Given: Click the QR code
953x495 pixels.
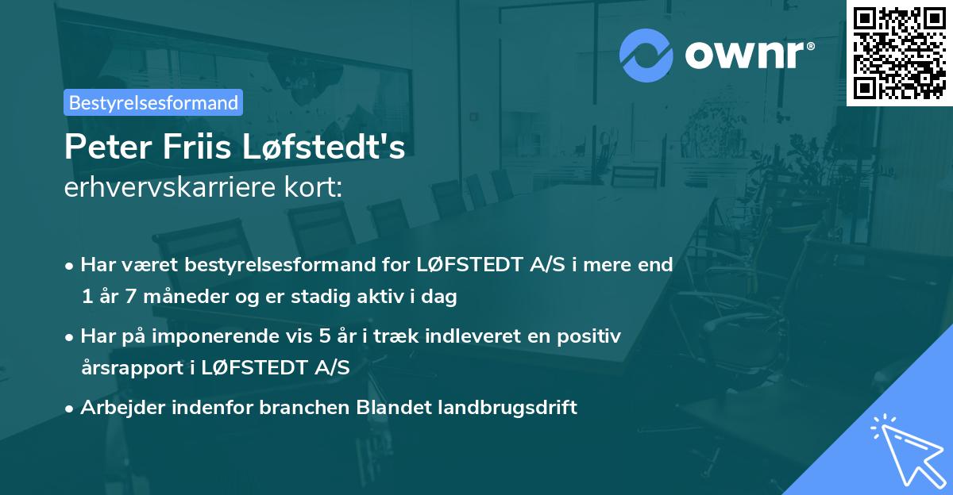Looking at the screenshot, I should click(899, 53).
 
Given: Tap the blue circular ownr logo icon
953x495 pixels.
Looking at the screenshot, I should click(646, 55).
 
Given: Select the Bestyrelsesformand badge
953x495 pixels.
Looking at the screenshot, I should click(153, 102).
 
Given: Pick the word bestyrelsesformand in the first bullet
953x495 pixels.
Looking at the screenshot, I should click(299, 264).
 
